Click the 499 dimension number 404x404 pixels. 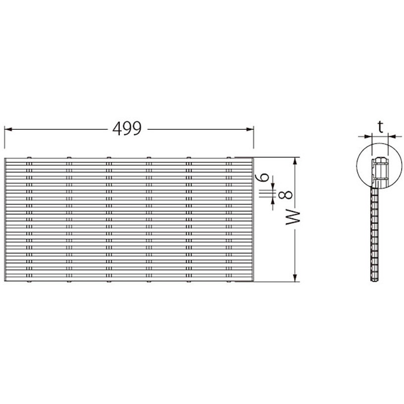127,128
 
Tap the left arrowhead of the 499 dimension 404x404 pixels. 8,129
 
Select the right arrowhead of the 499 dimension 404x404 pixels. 250,129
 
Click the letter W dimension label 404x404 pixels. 293,218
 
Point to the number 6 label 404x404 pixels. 262,177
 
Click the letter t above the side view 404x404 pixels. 381,127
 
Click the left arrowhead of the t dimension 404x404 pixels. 369,136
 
